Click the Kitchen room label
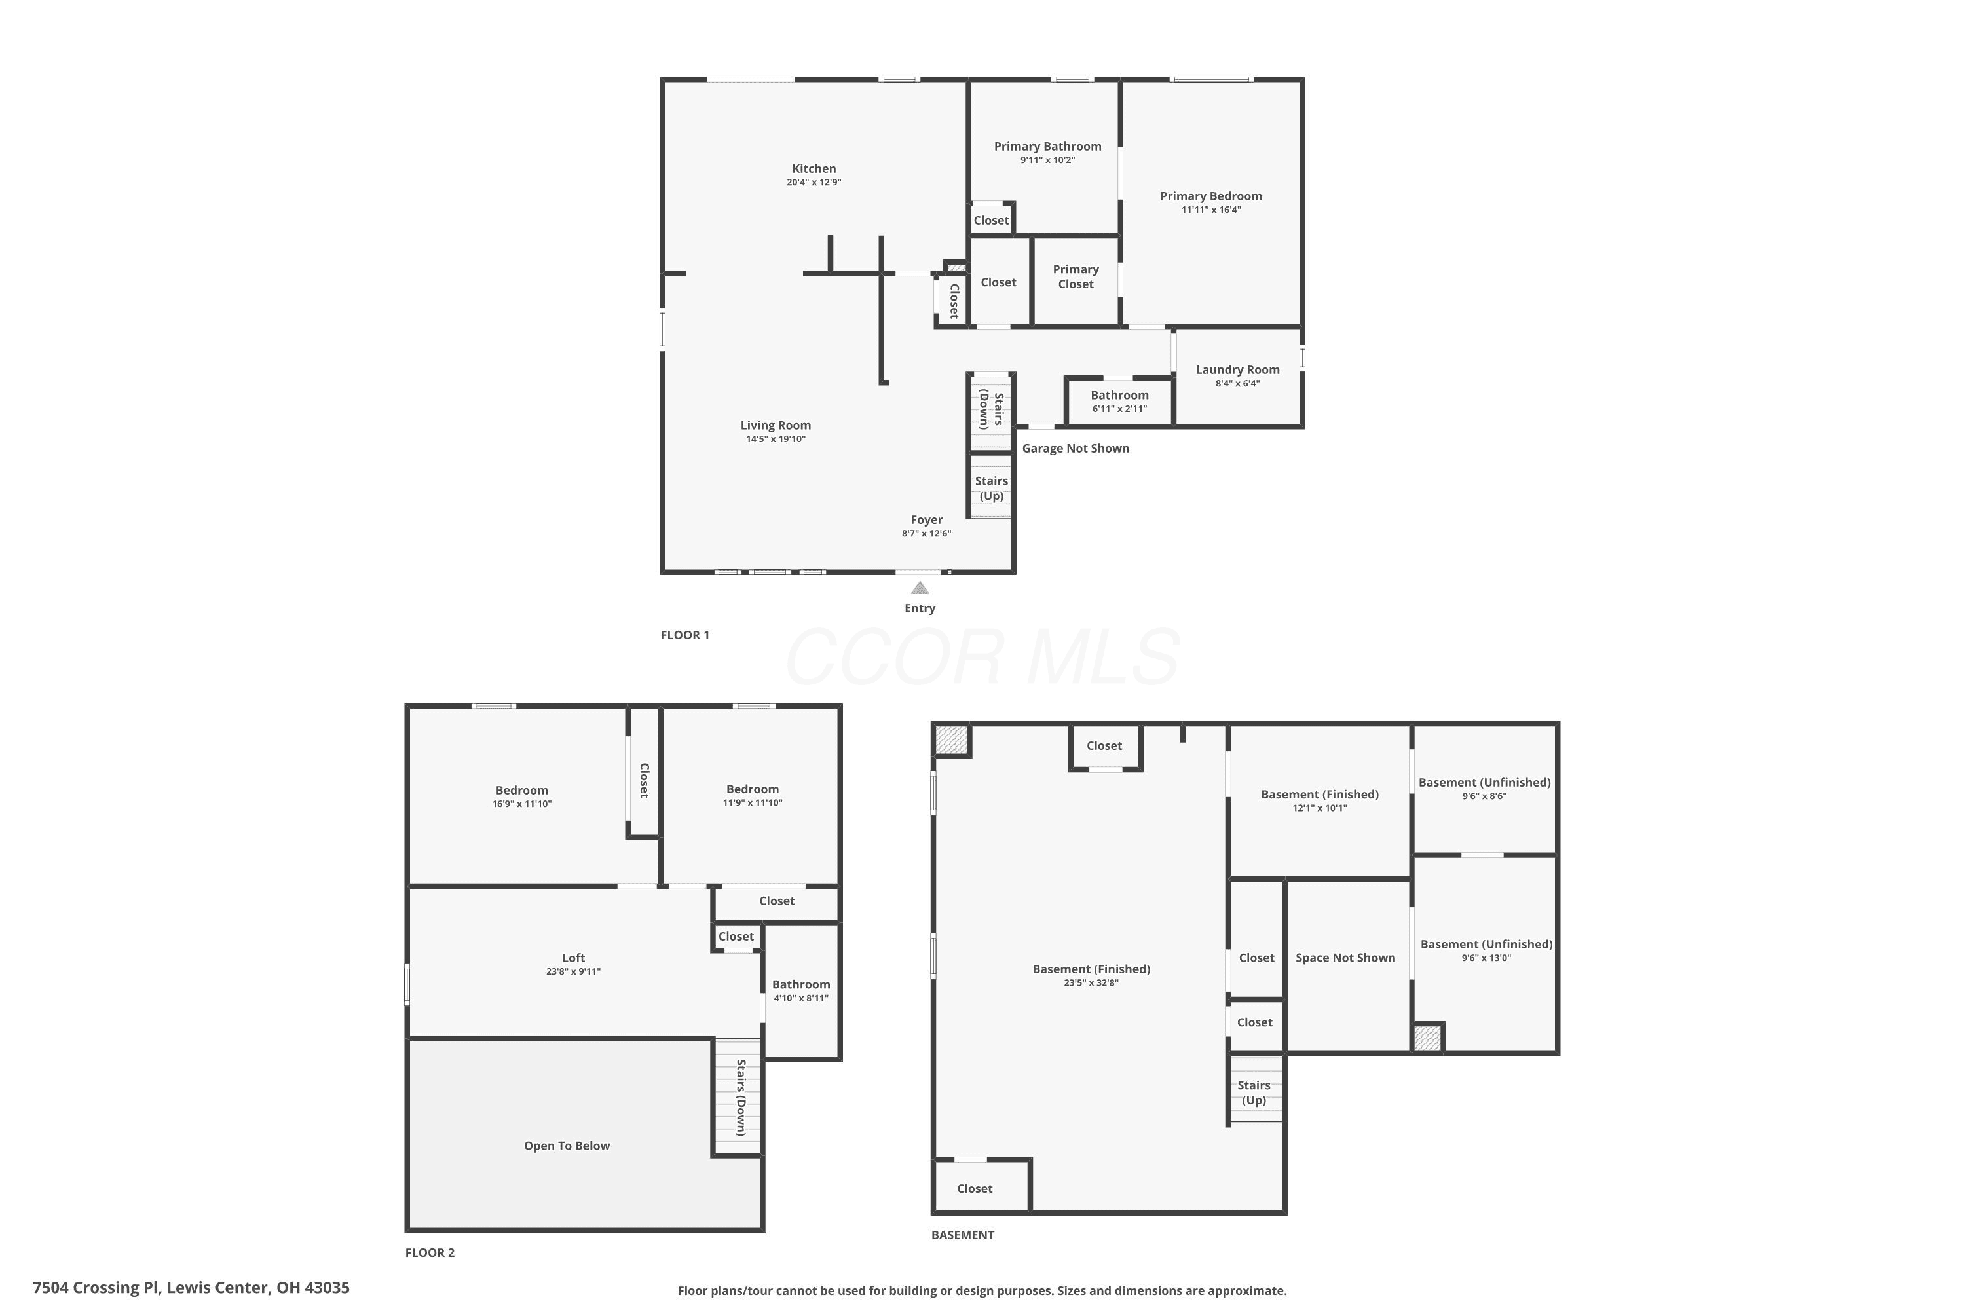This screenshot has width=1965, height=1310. coord(814,169)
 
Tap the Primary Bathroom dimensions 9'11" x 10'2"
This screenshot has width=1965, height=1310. coord(1047,160)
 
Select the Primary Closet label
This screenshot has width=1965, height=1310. coord(1076,276)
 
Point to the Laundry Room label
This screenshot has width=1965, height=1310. coord(1237,370)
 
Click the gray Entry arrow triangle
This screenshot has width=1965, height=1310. coord(920,588)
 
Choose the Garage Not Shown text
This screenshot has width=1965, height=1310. coord(1076,449)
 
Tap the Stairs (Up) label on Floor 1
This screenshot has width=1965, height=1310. coord(992,489)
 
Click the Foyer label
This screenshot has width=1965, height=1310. coord(927,519)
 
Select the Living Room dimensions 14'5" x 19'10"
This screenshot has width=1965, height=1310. coord(776,440)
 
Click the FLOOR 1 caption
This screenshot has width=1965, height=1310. coord(685,635)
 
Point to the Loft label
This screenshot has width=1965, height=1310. coord(573,958)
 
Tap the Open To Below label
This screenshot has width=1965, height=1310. coord(567,1146)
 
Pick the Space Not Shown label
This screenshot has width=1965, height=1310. coord(1346,958)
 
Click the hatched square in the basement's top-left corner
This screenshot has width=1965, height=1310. coord(952,739)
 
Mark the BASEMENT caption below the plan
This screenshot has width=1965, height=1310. coord(962,1235)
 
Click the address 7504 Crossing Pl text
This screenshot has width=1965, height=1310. coord(95,1288)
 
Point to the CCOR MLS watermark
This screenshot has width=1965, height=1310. coord(982,657)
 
